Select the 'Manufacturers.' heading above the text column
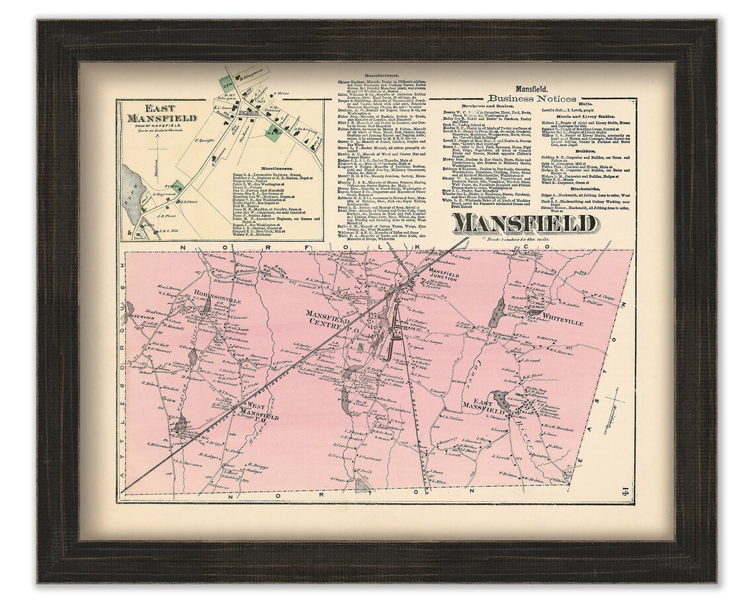point(374,76)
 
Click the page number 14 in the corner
point(622,491)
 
